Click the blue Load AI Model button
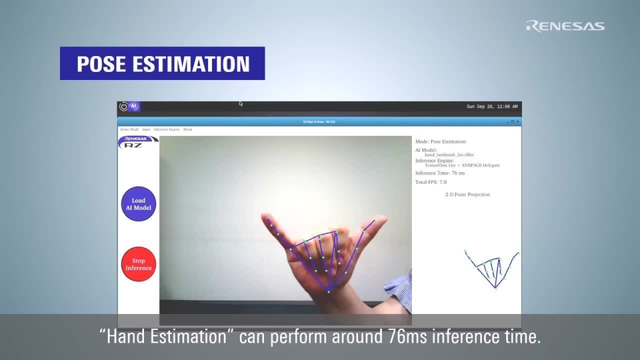click(139, 204)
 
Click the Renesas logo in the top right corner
click(565, 26)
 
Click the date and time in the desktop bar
click(491, 107)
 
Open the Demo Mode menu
click(129, 129)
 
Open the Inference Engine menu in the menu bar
click(167, 129)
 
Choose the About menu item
click(188, 129)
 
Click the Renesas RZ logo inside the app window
click(139, 142)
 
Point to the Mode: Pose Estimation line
click(440, 141)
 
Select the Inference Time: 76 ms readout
click(440, 173)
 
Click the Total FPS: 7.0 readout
click(431, 182)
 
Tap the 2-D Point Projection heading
click(467, 195)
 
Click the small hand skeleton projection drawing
click(493, 268)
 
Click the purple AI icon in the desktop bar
click(133, 107)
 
